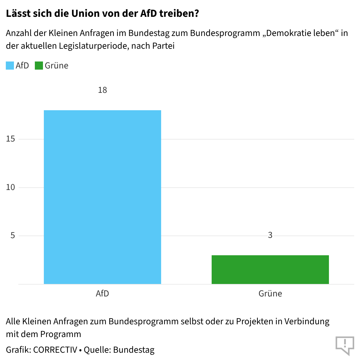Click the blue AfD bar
[x=102, y=197]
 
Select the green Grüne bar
[x=270, y=269]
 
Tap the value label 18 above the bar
[x=102, y=90]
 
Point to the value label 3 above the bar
[x=270, y=235]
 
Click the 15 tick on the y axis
[x=10, y=139]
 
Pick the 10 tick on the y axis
[x=10, y=187]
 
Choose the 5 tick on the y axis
[x=12, y=236]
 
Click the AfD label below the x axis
[x=102, y=294]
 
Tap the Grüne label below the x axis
[x=270, y=294]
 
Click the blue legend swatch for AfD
[x=10, y=66]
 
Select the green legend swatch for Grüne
[x=39, y=66]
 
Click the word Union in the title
[x=84, y=13]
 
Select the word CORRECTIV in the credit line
[x=55, y=350]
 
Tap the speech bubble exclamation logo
[x=345, y=345]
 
